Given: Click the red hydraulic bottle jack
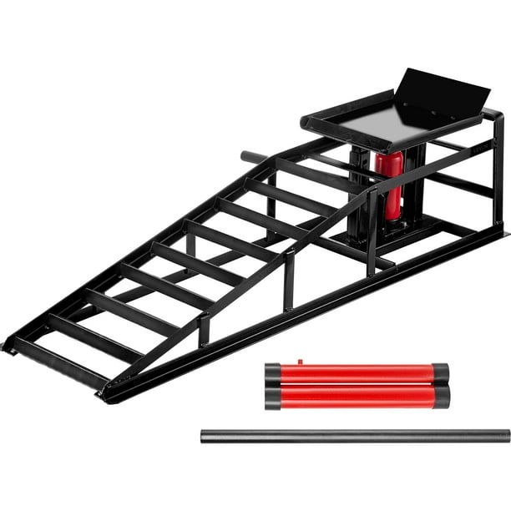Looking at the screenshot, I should [x=389, y=184].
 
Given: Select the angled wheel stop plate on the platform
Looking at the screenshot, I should [x=438, y=92].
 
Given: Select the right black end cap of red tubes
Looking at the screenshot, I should [x=441, y=385].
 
